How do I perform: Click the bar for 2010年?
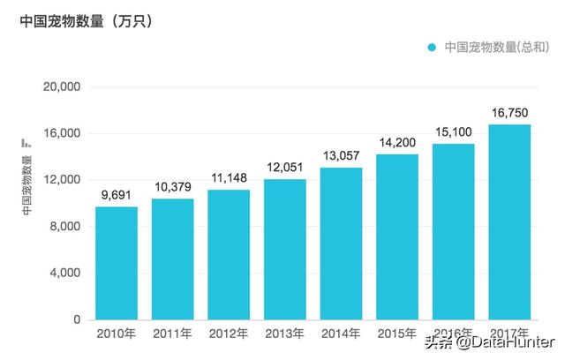pos(117,263)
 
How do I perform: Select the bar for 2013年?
pos(285,249)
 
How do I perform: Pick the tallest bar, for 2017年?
pos(509,221)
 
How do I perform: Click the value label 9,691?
pos(117,196)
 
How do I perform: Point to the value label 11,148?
pos(229,179)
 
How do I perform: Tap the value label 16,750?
pos(509,114)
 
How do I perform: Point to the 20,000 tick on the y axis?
pos(61,87)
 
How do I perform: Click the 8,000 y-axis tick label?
pos(64,227)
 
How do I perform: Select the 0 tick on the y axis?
pos(77,319)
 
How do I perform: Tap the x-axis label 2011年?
pos(172,334)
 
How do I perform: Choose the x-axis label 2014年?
pos(341,334)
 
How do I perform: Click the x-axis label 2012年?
pos(229,334)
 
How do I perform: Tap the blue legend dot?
pos(432,47)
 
